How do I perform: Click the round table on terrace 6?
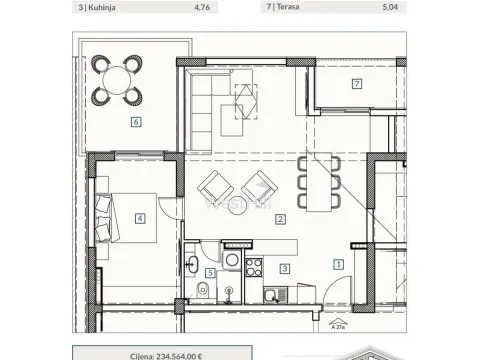coord(116,80)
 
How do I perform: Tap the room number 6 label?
coord(135,122)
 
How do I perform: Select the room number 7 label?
coord(356,83)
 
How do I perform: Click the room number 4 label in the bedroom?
coord(140,217)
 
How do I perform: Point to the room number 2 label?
coord(281,219)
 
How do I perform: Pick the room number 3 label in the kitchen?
coord(285,268)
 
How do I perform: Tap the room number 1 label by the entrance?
coord(339,264)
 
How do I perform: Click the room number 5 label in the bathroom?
coord(210,272)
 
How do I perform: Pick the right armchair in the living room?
coord(258,187)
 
